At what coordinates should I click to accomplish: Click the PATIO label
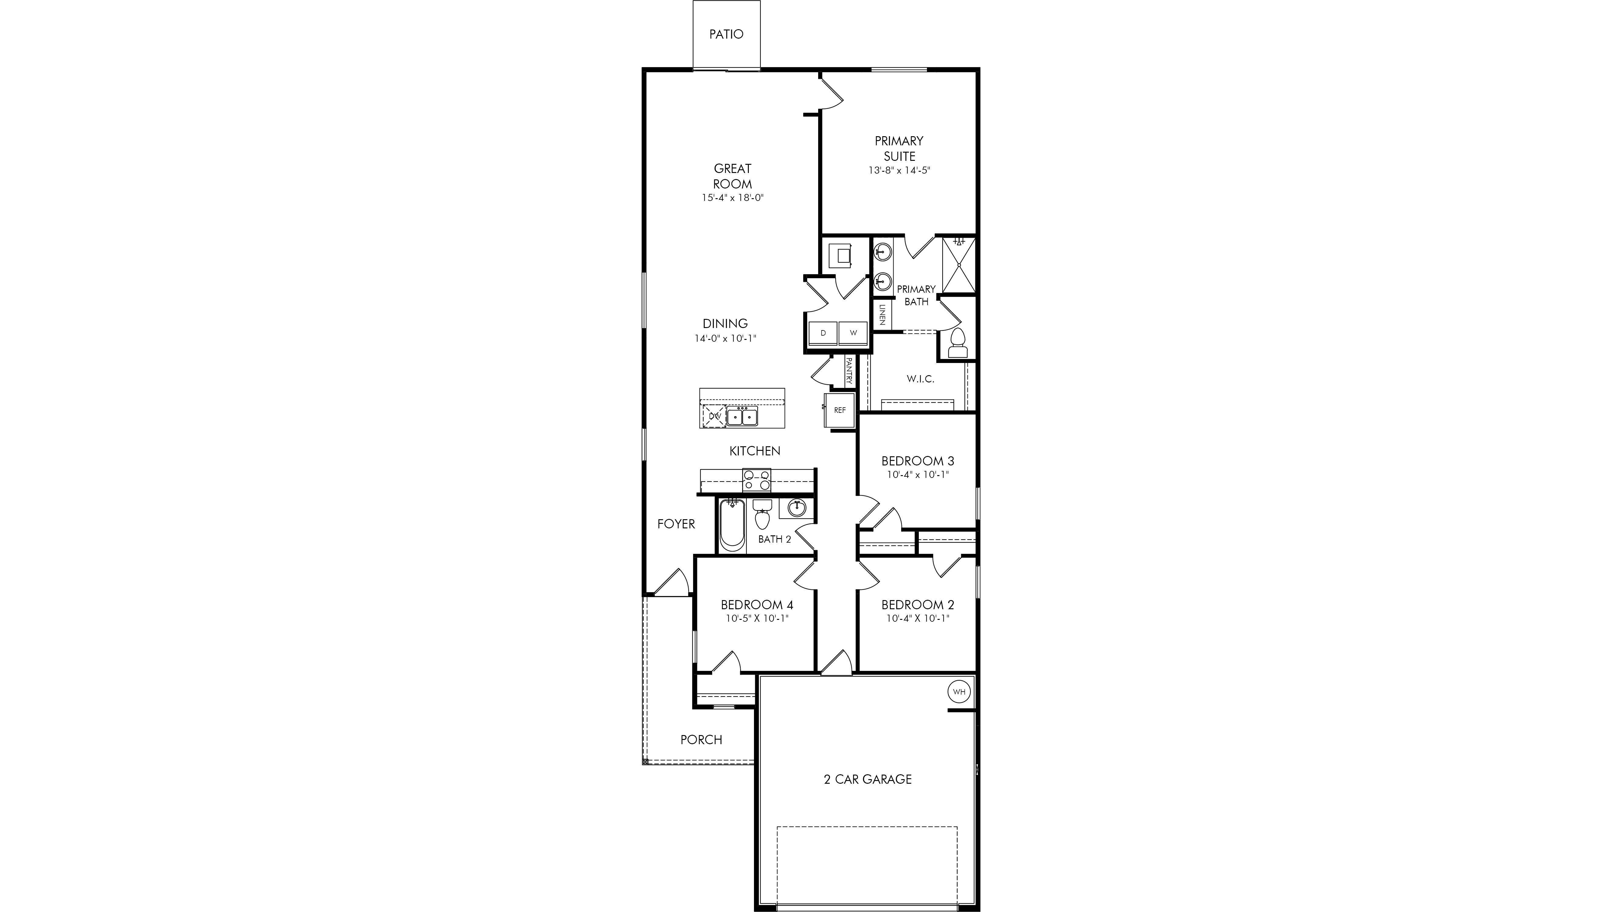pos(726,34)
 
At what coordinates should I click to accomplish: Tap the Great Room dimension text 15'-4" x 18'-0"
pos(732,198)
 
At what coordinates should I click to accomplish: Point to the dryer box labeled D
pos(823,333)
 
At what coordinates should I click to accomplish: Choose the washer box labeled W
pos(853,333)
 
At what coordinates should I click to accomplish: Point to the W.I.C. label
pos(920,379)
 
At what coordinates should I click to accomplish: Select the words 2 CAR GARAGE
pos(868,779)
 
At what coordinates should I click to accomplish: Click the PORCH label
pos(701,740)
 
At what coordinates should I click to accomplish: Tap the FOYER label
pos(676,524)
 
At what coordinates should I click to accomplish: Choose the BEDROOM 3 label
pos(917,461)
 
